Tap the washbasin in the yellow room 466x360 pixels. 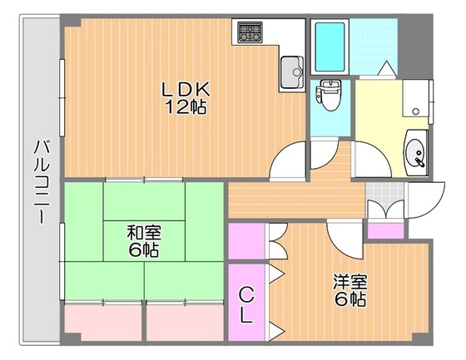tap(415, 153)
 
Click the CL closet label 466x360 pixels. tap(247, 303)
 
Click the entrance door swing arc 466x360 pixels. tap(424, 200)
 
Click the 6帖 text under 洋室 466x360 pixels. tap(349, 300)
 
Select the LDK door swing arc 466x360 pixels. tap(291, 158)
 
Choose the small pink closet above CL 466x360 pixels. tap(246, 241)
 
